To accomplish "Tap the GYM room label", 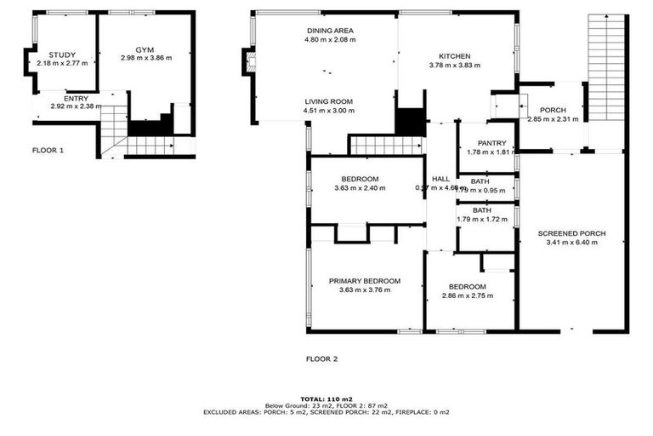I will point(146,50).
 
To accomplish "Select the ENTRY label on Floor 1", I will point(76,98).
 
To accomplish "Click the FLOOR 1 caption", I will point(48,150).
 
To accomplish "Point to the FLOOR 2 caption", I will point(321,359).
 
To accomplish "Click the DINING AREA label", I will point(331,31).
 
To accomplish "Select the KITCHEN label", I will point(450,56).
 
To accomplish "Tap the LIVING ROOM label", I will point(329,101).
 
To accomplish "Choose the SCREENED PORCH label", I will point(571,232).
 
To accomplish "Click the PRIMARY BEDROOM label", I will point(365,280).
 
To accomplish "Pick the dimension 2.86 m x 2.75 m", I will point(468,296).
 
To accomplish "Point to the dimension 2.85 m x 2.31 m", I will point(553,119).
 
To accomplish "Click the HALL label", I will point(440,178).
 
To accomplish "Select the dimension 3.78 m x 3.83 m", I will point(450,66).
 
